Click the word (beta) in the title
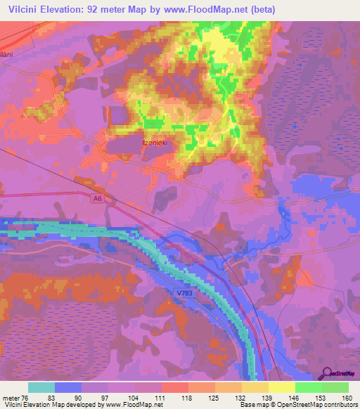(x=260, y=10)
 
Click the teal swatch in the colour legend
(x=41, y=387)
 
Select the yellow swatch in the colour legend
(x=282, y=387)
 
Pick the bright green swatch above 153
(x=309, y=387)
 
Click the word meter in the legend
(x=10, y=398)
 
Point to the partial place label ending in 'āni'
(x=7, y=53)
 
